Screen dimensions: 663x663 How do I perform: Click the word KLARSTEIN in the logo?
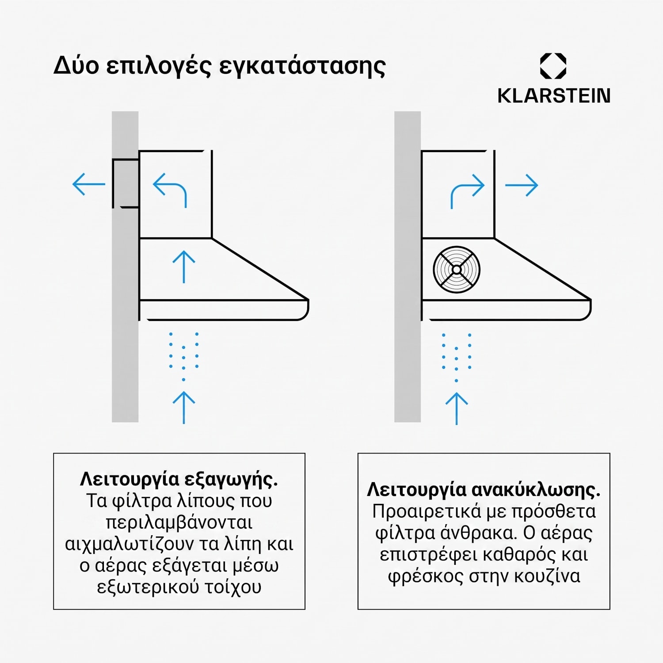(554, 95)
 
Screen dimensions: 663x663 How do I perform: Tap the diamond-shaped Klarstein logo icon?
(553, 66)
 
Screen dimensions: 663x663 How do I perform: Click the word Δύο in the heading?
(76, 65)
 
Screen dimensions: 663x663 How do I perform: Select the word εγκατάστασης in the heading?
(302, 66)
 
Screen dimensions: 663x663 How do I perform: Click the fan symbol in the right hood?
(457, 270)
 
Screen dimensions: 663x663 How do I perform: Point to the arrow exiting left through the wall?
(89, 184)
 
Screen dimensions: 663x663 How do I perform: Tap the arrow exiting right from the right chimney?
(522, 185)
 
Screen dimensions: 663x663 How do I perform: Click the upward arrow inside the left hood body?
(183, 267)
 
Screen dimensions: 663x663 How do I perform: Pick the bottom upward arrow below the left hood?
(183, 408)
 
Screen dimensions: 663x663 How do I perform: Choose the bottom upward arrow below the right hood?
(456, 408)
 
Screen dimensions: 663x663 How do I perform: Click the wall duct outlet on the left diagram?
(126, 183)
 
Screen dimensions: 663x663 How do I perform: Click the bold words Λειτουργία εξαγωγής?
(179, 480)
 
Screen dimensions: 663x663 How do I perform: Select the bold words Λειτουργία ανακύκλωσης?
(484, 490)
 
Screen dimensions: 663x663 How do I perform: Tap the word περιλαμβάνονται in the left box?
(179, 523)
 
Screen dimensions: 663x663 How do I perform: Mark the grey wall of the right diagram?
(408, 267)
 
